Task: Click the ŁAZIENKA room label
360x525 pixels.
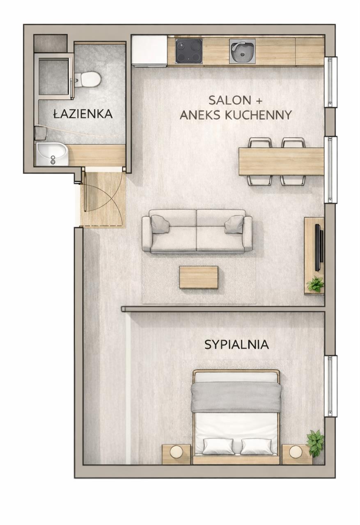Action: tap(83, 114)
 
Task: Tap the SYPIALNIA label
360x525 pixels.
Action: tap(236, 345)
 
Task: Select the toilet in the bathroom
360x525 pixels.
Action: tap(88, 79)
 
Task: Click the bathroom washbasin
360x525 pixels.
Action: tap(52, 153)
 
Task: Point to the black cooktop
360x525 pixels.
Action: tap(188, 51)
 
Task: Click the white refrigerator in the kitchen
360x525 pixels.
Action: tap(149, 50)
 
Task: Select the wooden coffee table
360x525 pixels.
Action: tap(199, 277)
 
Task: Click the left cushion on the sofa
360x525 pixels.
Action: tap(160, 224)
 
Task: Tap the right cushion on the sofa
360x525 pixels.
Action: tap(234, 224)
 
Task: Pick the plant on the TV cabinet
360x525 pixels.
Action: tap(315, 284)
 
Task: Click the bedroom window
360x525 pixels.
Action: tap(331, 386)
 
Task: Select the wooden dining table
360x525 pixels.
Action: tap(281, 162)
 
